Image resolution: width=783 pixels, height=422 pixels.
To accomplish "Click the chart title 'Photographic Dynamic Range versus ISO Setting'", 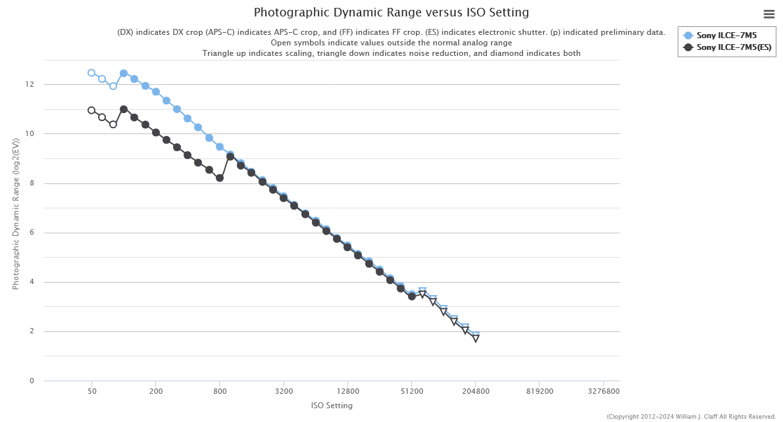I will (391, 12).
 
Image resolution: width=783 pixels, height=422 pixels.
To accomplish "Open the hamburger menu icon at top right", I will (769, 14).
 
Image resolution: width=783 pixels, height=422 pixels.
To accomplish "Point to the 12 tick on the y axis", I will (30, 85).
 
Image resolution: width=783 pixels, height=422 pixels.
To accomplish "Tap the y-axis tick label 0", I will (32, 381).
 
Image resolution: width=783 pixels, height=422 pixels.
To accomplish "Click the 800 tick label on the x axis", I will (220, 391).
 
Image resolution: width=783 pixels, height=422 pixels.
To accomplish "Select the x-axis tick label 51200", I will (411, 391).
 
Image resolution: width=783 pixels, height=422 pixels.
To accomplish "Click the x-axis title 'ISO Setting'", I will (332, 406).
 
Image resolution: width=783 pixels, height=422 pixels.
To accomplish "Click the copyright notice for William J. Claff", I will (691, 417).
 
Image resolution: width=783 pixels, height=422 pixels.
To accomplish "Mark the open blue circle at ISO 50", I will (91, 73).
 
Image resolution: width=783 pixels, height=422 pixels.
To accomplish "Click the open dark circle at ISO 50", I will (91, 110).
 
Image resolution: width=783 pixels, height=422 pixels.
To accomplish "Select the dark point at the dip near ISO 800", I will (220, 178).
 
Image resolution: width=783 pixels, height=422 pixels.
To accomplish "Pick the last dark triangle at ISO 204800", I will (476, 339).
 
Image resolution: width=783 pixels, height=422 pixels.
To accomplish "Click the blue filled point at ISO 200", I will (156, 92).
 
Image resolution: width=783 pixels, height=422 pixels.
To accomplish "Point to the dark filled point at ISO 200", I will (156, 133).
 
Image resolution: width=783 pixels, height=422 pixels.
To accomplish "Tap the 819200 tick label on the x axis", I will (540, 391).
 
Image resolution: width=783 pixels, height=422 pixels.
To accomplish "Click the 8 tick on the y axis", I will (32, 183).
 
